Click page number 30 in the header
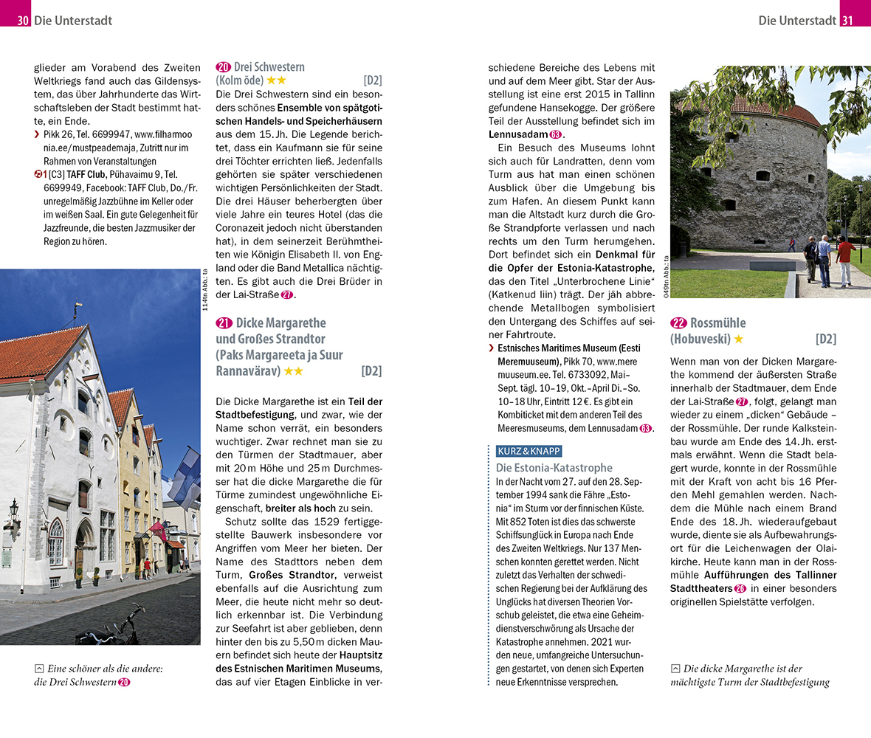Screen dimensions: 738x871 coord(23,21)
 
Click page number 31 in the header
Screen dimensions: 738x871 coord(847,21)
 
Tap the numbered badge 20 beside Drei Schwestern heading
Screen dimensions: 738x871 coord(224,67)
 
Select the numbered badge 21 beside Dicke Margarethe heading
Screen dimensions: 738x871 coord(224,323)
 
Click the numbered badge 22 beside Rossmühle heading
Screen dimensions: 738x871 coord(678,323)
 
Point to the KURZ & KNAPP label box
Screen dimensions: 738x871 coord(529,451)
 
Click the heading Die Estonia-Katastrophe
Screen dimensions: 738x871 coord(554,468)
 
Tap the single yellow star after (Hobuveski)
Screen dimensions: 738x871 coord(739,339)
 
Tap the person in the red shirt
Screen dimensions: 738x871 coord(843,258)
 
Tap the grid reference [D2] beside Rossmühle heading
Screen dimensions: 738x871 coord(825,339)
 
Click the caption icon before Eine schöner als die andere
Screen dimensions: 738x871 coord(39,669)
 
